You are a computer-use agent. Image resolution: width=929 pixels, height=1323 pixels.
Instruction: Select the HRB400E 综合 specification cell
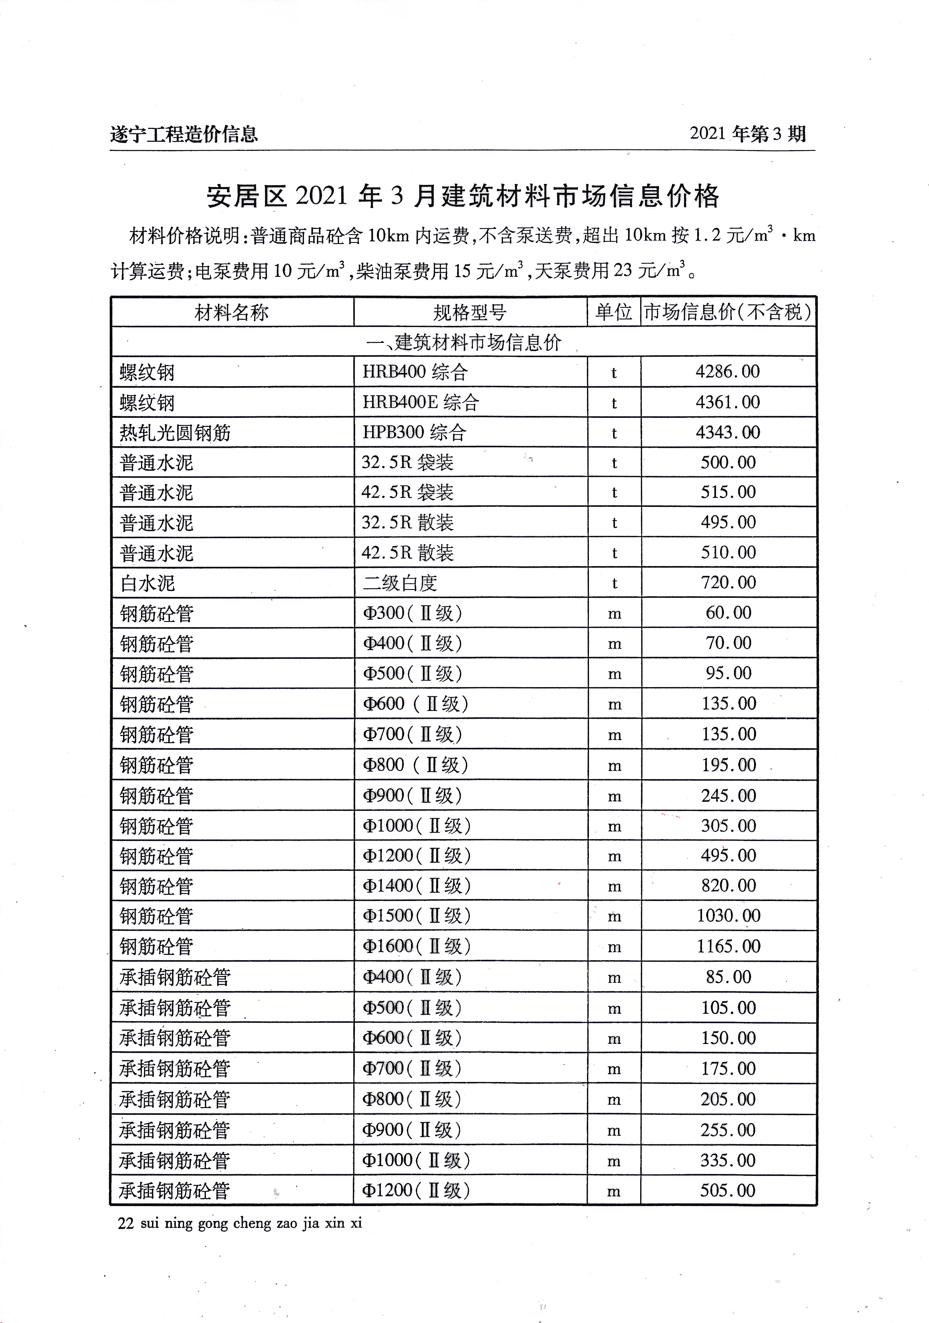coord(420,402)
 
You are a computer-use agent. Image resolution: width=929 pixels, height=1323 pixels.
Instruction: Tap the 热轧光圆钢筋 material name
coord(175,433)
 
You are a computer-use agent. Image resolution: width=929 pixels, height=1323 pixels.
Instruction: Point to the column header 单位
coord(613,312)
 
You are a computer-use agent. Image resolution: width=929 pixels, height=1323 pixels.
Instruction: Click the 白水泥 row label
coord(147,583)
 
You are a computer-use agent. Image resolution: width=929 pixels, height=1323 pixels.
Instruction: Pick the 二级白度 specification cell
coord(400,583)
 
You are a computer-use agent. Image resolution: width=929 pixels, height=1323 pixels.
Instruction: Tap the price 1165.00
coord(728,946)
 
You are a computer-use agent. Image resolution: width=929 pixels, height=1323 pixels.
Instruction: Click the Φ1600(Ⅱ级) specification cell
coord(416,946)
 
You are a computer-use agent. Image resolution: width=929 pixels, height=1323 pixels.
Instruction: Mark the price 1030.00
coord(728,916)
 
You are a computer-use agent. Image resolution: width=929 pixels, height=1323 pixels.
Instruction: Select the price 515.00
coord(728,492)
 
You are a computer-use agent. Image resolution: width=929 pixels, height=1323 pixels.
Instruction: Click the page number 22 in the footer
coord(126,1223)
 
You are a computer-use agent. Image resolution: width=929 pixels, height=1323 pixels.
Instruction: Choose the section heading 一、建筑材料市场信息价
coord(464,343)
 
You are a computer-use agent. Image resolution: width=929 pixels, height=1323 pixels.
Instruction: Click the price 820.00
coord(728,886)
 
